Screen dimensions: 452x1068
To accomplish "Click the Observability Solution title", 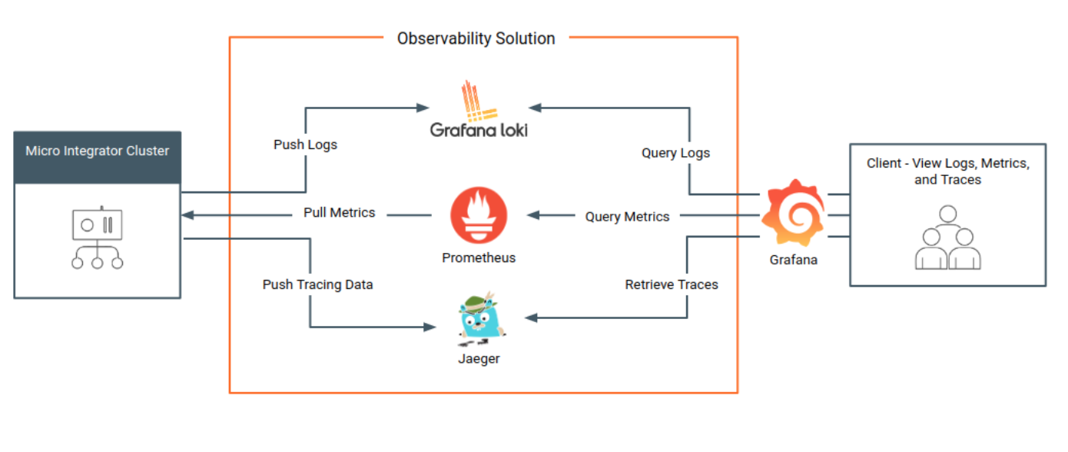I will [476, 38].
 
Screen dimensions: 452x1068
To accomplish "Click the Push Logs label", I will [305, 145].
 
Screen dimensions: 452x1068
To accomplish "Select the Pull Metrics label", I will [339, 213].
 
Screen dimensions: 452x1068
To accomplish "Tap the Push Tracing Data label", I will [317, 284].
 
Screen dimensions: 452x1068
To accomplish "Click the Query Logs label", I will [675, 153].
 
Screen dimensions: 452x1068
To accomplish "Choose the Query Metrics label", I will [627, 217].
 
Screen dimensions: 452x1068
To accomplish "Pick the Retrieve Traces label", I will [672, 284].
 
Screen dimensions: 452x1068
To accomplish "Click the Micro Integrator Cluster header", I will [98, 151].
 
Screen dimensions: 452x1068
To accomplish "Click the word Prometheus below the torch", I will [479, 258].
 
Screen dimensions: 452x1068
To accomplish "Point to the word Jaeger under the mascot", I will [479, 359].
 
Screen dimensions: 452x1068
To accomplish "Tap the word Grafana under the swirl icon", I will [793, 260].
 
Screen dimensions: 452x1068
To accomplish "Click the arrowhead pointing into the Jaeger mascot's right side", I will [529, 317].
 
